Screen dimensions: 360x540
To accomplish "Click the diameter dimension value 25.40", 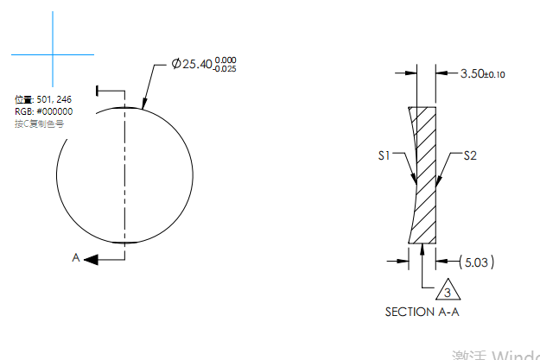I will pos(197,64).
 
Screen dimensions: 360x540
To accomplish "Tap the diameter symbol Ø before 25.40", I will pos(175,64).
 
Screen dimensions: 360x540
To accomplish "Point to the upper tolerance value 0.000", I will pos(226,60).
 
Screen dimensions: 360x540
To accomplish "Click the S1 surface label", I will pos(385,156).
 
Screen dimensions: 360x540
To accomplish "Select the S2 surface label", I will pos(471,156).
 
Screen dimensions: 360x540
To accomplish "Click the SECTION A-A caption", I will pos(422,312).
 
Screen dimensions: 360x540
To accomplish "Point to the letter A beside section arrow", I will pos(76,257).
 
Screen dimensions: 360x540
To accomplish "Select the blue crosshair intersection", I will pos(53,55).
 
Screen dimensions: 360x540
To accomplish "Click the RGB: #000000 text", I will pos(43,111).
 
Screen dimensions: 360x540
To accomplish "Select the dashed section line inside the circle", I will pos(125,173).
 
